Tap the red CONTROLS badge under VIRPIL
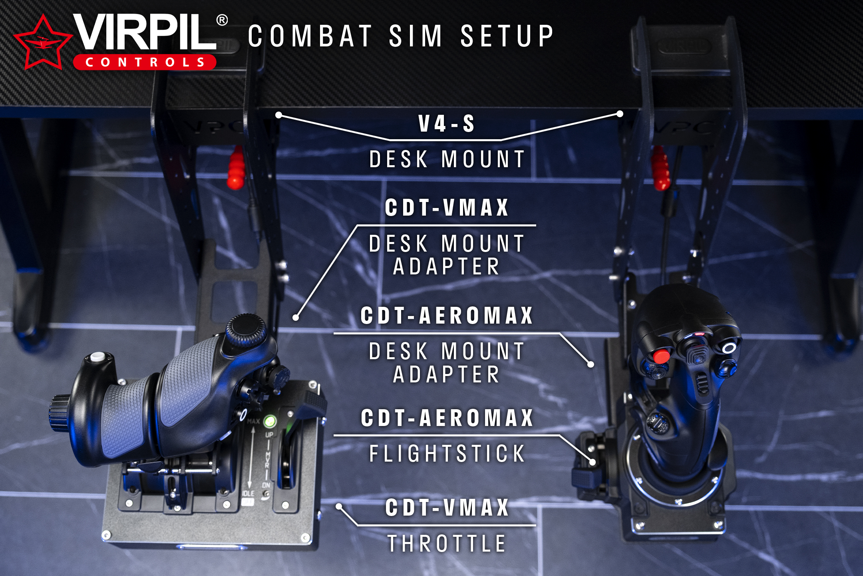coord(145,62)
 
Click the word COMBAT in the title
coord(310,36)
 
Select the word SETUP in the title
coord(507,36)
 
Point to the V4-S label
coord(446,124)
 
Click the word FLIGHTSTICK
coord(447,454)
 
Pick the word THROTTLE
coord(447,544)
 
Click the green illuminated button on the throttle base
coord(270,421)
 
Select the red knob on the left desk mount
coord(236,168)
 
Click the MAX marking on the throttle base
coord(253,421)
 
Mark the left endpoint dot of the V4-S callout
coord(279,115)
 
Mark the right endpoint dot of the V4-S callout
coord(620,114)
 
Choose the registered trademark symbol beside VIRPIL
coord(222,20)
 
